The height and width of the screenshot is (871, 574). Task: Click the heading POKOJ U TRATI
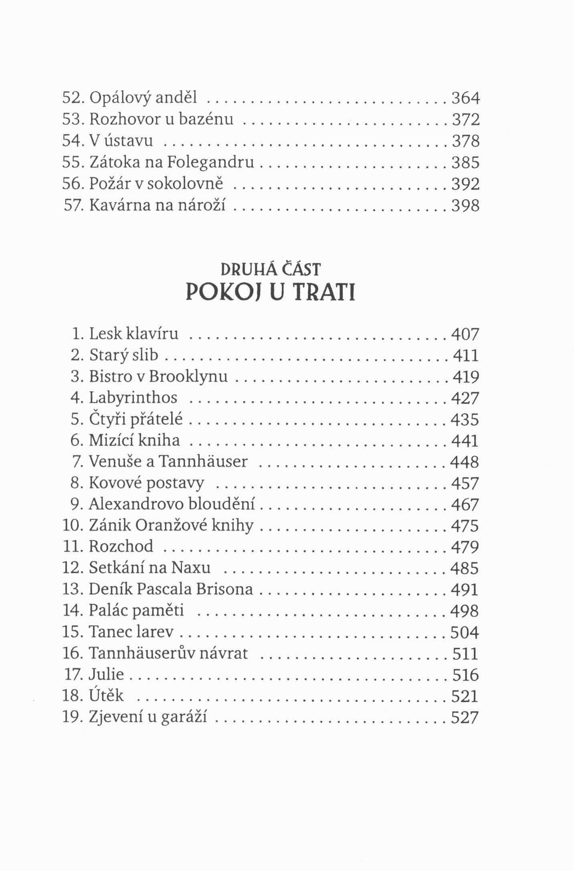coord(271,293)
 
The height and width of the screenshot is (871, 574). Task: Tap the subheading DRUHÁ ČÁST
coord(271,270)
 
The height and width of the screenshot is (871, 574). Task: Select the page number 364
coord(465,98)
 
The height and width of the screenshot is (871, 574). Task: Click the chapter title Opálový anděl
coord(143,98)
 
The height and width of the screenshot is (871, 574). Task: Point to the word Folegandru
coord(210,162)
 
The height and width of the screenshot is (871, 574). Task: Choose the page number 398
coord(465,206)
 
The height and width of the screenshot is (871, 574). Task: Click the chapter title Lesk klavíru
coord(133,333)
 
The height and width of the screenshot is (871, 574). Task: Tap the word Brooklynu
coord(188,376)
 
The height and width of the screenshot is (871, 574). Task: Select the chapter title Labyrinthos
coord(133,398)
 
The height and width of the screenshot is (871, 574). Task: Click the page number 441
coord(465,441)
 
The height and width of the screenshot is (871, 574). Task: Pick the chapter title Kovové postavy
coord(146,483)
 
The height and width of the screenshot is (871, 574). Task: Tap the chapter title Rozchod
coord(121,546)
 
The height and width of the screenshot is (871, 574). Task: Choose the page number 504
coord(465,632)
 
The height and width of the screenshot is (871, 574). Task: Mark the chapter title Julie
coord(106,674)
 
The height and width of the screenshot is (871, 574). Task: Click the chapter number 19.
coord(72,717)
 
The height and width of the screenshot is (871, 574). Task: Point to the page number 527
coord(465,717)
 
